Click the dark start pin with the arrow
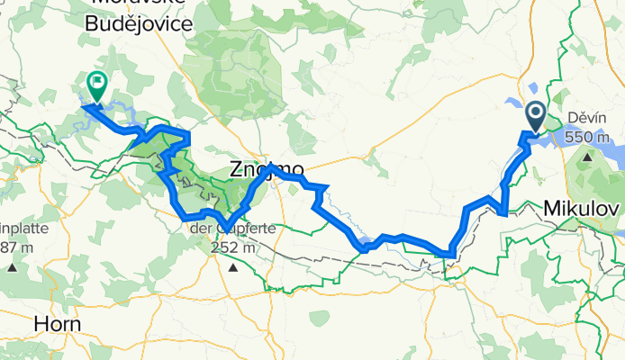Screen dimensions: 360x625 point(535,115)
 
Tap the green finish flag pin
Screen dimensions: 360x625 point(95,85)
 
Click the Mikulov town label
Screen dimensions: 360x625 point(581,209)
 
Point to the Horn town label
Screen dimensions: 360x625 point(56,323)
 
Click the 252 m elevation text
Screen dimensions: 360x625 point(233,247)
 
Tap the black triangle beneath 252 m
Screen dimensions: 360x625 point(233,267)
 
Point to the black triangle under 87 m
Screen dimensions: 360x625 point(13,267)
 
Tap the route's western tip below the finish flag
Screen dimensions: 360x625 point(84,107)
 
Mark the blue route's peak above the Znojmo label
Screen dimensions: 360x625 point(269,166)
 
